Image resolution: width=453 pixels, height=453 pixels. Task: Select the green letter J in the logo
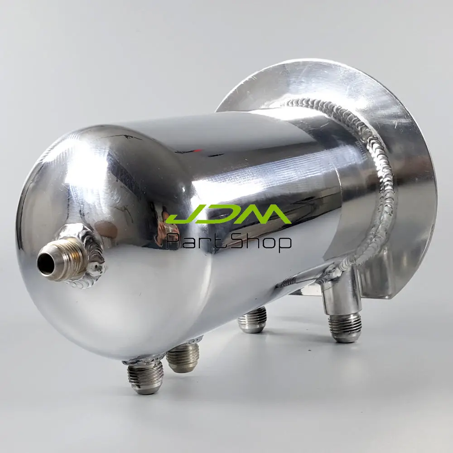[x=181, y=217]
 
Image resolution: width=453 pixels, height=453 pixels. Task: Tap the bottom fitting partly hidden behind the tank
[x=253, y=321]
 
